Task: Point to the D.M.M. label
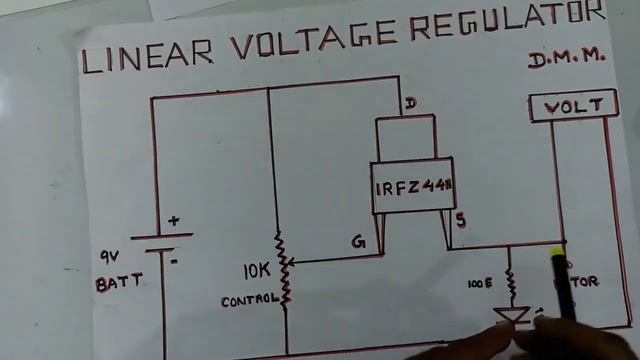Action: pos(568,61)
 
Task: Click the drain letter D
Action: pos(410,103)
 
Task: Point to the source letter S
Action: pos(460,222)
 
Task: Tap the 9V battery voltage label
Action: pos(109,256)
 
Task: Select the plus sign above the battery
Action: pos(173,221)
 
